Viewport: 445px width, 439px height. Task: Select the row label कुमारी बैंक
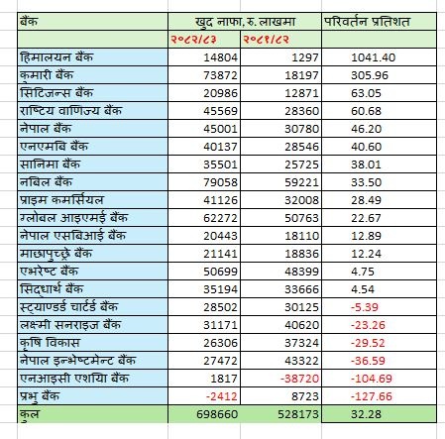pyautogui.click(x=47, y=75)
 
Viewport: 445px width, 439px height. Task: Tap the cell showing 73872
pyautogui.click(x=220, y=75)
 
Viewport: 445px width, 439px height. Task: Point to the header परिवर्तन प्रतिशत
pyautogui.click(x=367, y=22)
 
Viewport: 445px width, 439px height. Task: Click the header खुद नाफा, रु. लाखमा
pyautogui.click(x=245, y=22)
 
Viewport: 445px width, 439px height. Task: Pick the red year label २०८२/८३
pyautogui.click(x=193, y=40)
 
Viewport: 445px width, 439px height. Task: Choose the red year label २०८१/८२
pyautogui.click(x=266, y=40)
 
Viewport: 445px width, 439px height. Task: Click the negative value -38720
pyautogui.click(x=300, y=379)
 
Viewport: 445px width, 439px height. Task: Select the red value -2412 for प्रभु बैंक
pyautogui.click(x=222, y=396)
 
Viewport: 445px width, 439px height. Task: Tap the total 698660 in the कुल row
pyautogui.click(x=217, y=414)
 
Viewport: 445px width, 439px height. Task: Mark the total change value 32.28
pyautogui.click(x=366, y=414)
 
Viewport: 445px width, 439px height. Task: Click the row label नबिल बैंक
pyautogui.click(x=46, y=182)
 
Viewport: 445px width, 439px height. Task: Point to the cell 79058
pyautogui.click(x=220, y=182)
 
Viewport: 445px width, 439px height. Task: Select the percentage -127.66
pyautogui.click(x=372, y=396)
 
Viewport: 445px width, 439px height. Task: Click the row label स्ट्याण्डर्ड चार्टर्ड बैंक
pyautogui.click(x=68, y=306)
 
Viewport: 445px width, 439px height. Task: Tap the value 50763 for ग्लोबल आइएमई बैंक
pyautogui.click(x=302, y=218)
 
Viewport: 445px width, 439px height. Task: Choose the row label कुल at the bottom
pyautogui.click(x=30, y=414)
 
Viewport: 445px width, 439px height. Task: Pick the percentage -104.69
pyautogui.click(x=372, y=379)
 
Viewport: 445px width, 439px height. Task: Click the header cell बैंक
pyautogui.click(x=29, y=22)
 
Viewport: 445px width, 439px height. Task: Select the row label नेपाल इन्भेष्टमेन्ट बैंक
pyautogui.click(x=77, y=361)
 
